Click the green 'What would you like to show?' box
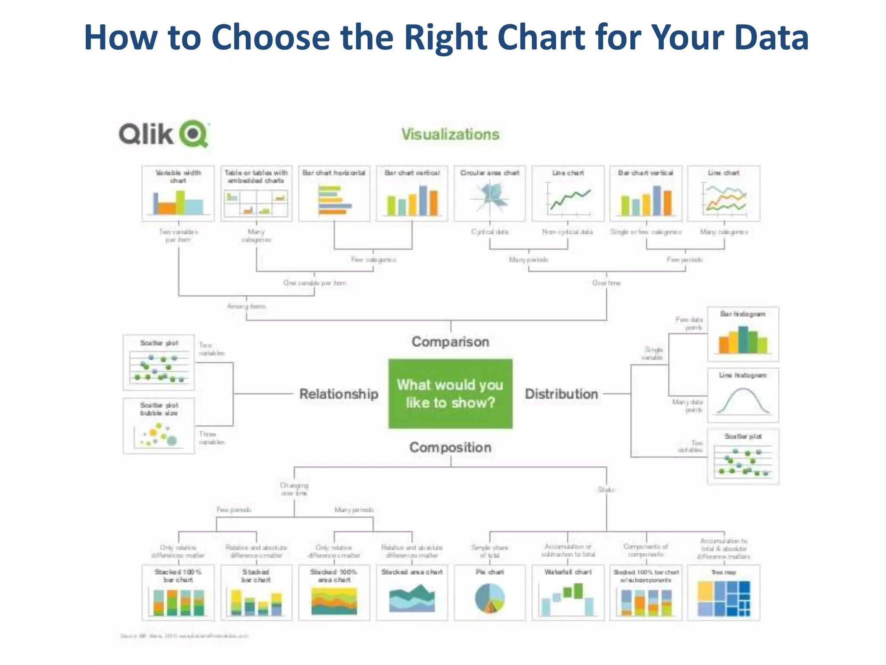(x=450, y=394)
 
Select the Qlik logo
(x=164, y=134)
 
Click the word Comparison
(x=450, y=342)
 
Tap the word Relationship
(x=339, y=394)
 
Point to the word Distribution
(x=561, y=394)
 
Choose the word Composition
(x=450, y=447)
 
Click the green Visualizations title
(x=450, y=134)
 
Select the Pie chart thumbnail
(x=490, y=597)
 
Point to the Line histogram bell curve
(x=743, y=400)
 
